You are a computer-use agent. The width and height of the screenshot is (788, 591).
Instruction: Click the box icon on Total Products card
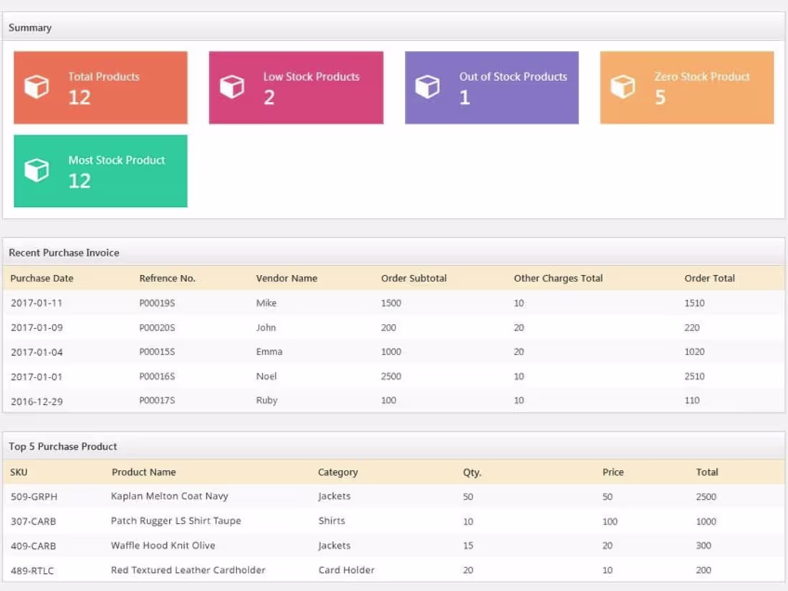tap(37, 87)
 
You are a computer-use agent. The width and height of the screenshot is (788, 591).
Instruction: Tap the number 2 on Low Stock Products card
tap(269, 97)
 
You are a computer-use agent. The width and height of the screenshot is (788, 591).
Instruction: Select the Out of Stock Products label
tap(513, 77)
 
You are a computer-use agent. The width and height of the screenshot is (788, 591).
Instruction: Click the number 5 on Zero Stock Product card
tap(660, 97)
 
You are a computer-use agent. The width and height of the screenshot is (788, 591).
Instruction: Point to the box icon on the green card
tap(37, 170)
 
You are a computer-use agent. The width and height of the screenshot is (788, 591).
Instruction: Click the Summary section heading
tap(30, 28)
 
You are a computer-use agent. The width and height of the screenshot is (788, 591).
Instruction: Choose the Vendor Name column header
tap(287, 278)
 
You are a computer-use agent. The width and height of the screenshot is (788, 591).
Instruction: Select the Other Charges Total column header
tap(558, 278)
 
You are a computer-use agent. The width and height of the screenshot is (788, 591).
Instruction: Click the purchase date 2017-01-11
tap(37, 303)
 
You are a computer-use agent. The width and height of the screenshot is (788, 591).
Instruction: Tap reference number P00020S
tap(157, 327)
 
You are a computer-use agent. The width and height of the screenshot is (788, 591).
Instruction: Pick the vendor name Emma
tap(269, 352)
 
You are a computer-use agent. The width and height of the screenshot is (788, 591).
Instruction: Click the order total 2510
tap(694, 376)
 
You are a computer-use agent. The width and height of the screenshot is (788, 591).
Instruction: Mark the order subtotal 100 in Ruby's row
tap(388, 400)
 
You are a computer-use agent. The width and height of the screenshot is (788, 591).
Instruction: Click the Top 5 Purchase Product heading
tap(63, 446)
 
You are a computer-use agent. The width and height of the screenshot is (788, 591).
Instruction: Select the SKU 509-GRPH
tap(34, 496)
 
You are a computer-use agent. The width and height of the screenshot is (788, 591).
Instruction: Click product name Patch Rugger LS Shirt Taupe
tap(176, 521)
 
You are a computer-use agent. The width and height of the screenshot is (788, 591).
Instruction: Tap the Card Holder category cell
tap(346, 570)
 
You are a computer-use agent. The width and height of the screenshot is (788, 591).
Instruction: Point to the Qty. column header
tap(472, 472)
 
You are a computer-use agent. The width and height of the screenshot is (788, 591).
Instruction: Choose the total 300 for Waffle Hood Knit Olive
tap(703, 546)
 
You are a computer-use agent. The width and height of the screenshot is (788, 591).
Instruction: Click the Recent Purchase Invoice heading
tap(64, 253)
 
